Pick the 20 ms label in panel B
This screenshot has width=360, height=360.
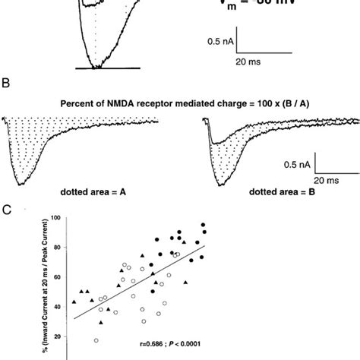coord(328,180)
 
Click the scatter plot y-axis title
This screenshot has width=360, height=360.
coord(36,279)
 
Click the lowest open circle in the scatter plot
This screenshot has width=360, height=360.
coord(96,340)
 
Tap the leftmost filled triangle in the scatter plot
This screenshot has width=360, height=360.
coord(74,302)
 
